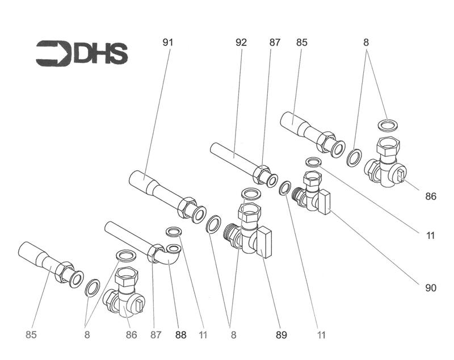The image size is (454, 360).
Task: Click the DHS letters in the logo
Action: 101,53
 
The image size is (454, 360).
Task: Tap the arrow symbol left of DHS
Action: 53,53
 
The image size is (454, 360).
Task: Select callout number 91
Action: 168,43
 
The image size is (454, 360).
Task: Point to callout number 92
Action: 241,43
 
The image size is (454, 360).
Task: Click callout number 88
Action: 180,335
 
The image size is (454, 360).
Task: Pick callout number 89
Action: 281,335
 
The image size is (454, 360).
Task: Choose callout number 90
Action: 431,288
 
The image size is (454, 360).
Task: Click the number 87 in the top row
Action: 275,43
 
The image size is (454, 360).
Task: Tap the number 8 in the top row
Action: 366,43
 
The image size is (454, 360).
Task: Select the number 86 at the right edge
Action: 431,196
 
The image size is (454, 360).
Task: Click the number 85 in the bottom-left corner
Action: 31,335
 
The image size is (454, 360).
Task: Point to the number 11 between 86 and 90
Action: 431,236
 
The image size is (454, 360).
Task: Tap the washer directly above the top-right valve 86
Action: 388,125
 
